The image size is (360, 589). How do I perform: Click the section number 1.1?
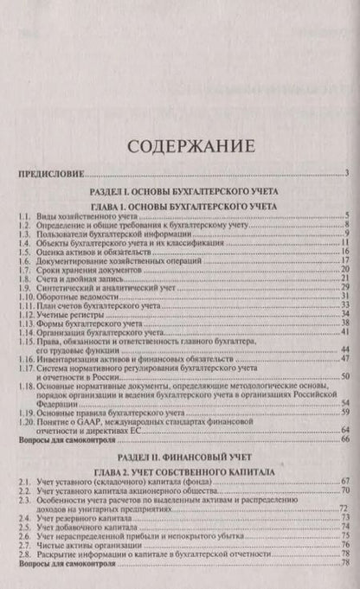click(x=24, y=215)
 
